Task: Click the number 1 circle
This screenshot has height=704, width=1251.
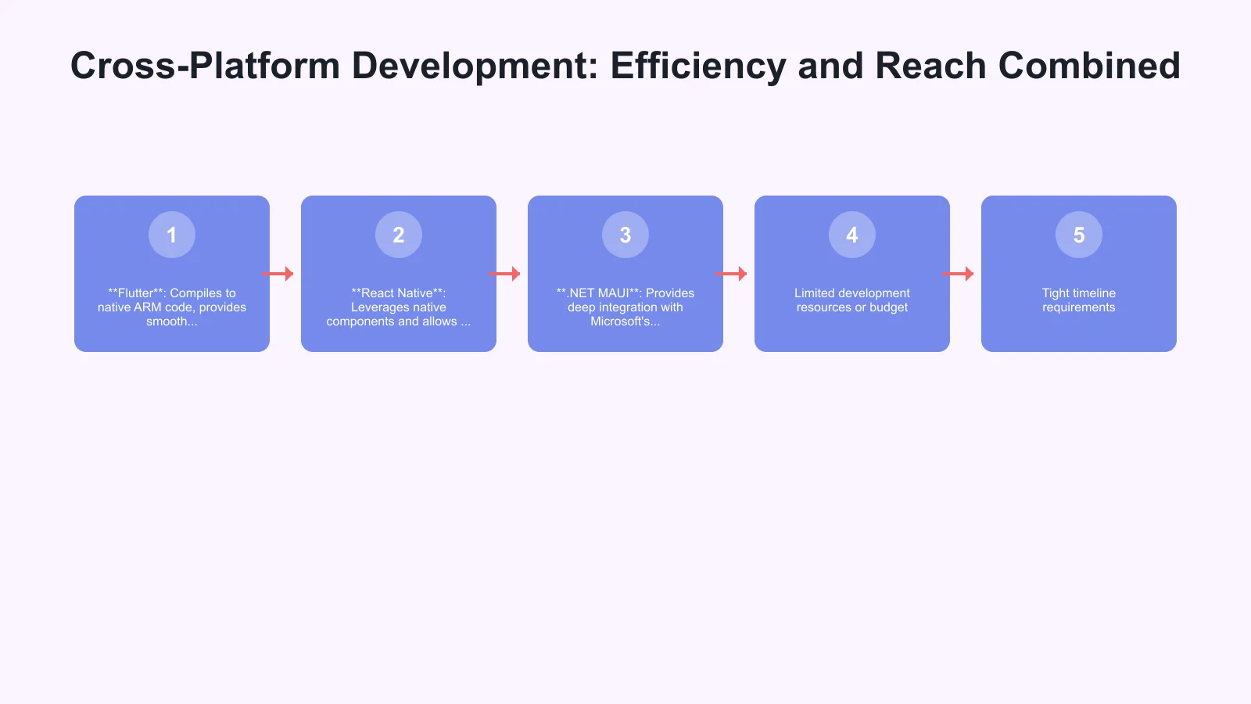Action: click(x=172, y=235)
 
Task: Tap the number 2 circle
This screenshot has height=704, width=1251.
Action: click(x=399, y=235)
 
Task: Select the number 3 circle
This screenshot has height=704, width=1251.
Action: click(x=625, y=235)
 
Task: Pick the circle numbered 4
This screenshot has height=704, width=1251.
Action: click(x=852, y=235)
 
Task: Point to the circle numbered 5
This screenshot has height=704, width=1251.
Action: click(x=1079, y=235)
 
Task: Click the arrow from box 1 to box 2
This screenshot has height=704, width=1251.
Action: click(x=278, y=274)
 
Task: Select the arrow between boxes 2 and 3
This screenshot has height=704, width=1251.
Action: click(x=504, y=274)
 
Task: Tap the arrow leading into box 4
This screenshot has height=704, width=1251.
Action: click(x=731, y=274)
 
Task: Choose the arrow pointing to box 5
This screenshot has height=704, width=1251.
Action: click(x=958, y=274)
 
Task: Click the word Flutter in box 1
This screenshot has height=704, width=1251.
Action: click(x=137, y=293)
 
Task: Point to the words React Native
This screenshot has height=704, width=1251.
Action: click(x=396, y=293)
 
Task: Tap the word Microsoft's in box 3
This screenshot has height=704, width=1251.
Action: click(x=625, y=321)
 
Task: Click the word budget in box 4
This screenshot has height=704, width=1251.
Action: click(x=889, y=307)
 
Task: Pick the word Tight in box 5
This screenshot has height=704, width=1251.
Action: click(x=1056, y=293)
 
